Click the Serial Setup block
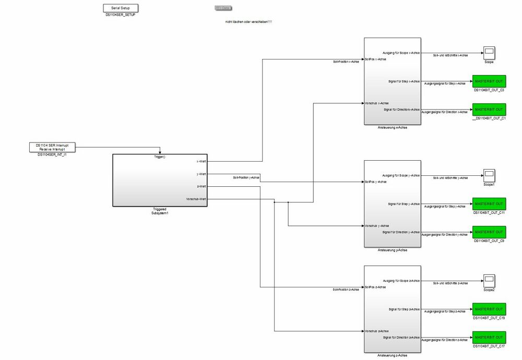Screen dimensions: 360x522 pyautogui.click(x=121, y=8)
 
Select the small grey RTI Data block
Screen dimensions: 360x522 pyautogui.click(x=223, y=8)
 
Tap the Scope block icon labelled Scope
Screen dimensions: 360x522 pyautogui.click(x=489, y=53)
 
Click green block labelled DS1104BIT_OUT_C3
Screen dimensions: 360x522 pyautogui.click(x=489, y=81)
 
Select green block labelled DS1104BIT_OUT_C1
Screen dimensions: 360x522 pyautogui.click(x=489, y=110)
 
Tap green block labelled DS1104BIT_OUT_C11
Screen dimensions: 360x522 pyautogui.click(x=489, y=204)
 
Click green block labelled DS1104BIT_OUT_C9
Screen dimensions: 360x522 pyautogui.click(x=489, y=232)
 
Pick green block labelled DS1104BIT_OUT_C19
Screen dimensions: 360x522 pyautogui.click(x=489, y=309)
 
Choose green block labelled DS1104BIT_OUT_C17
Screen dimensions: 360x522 pyautogui.click(x=489, y=337)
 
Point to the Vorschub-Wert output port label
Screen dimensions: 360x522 pyautogui.click(x=196, y=199)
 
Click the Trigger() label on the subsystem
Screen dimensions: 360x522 pyautogui.click(x=160, y=157)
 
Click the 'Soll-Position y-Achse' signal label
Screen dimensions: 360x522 pyautogui.click(x=246, y=178)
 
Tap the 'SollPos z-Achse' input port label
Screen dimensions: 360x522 pyautogui.click(x=376, y=287)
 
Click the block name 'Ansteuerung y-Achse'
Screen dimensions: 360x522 pyautogui.click(x=393, y=250)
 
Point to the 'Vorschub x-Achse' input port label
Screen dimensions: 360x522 pyautogui.click(x=376, y=103)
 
